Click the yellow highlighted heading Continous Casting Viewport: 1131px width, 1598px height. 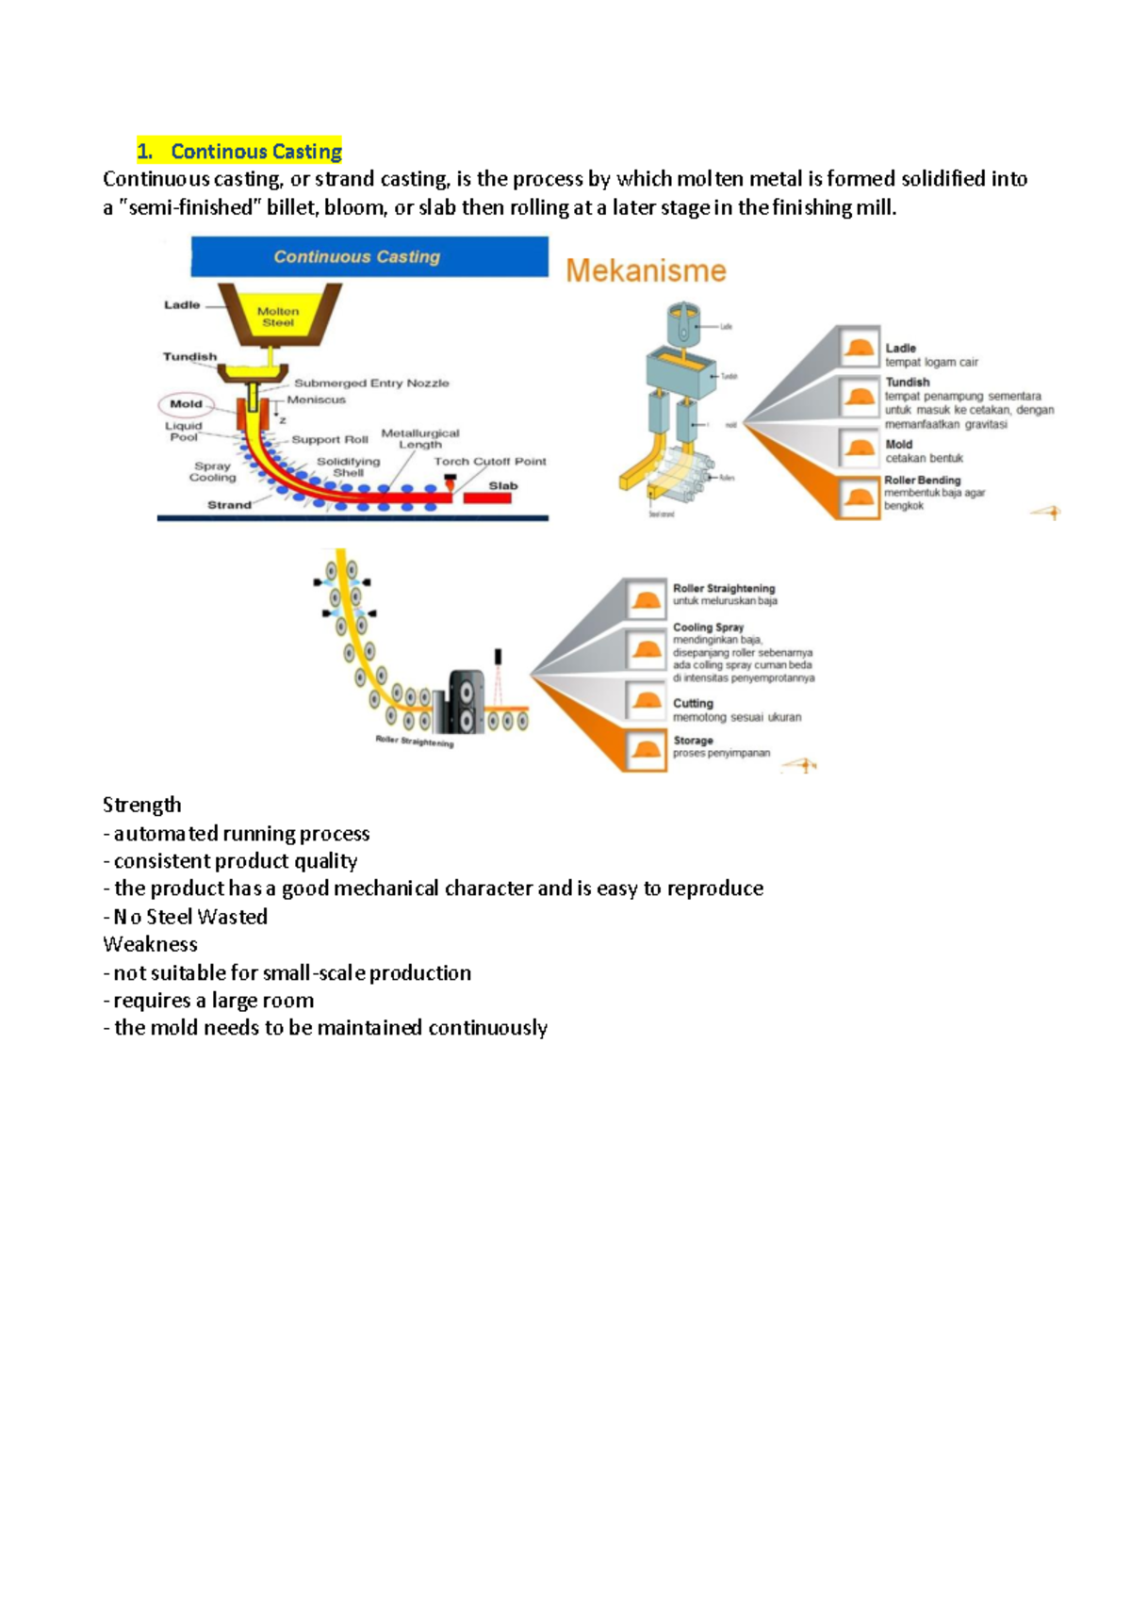click(x=239, y=152)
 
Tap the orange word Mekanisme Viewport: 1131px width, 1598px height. click(x=646, y=271)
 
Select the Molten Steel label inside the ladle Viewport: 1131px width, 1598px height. click(x=278, y=317)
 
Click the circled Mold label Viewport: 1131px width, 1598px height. click(x=186, y=404)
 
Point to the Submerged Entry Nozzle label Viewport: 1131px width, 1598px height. click(x=371, y=383)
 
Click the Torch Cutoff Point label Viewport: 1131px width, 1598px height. click(x=490, y=462)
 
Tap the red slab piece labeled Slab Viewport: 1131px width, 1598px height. click(x=487, y=497)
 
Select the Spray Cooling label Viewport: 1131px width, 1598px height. click(x=212, y=471)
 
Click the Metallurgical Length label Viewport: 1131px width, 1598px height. click(x=420, y=438)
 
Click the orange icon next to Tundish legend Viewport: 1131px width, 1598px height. click(x=860, y=396)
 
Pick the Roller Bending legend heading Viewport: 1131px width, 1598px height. click(x=922, y=481)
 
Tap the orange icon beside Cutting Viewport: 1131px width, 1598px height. click(x=647, y=702)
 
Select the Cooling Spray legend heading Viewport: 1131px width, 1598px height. click(x=708, y=628)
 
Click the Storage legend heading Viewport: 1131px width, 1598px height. click(x=693, y=741)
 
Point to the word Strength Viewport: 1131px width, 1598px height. click(x=142, y=805)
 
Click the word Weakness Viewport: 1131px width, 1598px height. click(x=150, y=944)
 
